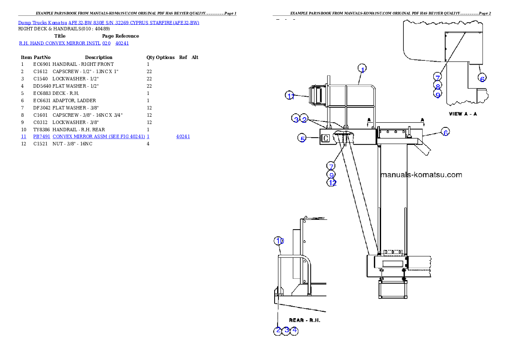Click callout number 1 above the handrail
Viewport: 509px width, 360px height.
pyautogui.click(x=362, y=69)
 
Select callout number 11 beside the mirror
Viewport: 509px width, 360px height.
pyautogui.click(x=290, y=96)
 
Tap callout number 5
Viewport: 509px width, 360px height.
pyautogui.click(x=302, y=139)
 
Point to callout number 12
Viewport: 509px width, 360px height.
pyautogui.click(x=332, y=183)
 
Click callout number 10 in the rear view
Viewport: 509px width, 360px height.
pyautogui.click(x=279, y=241)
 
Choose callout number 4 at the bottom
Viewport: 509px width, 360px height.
pyautogui.click(x=294, y=330)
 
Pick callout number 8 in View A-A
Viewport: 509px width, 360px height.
pyautogui.click(x=438, y=86)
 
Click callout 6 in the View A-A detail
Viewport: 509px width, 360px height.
pyautogui.click(x=482, y=79)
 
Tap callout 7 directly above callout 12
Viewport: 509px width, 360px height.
pyautogui.click(x=331, y=166)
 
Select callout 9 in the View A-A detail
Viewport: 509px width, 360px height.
pyautogui.click(x=438, y=94)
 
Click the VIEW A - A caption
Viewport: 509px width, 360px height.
pyautogui.click(x=462, y=114)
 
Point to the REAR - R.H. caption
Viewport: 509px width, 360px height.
pyautogui.click(x=305, y=320)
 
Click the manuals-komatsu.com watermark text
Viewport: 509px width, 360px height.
pyautogui.click(x=421, y=174)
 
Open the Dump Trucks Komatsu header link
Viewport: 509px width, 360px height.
pyautogui.click(x=109, y=22)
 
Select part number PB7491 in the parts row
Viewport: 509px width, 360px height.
pyautogui.click(x=42, y=136)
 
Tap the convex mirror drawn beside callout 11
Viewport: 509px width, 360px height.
pyautogui.click(x=317, y=95)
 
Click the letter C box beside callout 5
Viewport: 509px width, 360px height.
pyautogui.click(x=326, y=139)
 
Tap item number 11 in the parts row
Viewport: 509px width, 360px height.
pyautogui.click(x=24, y=136)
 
